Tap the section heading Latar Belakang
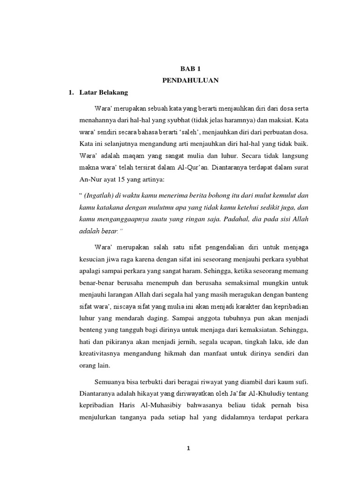point(101,92)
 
